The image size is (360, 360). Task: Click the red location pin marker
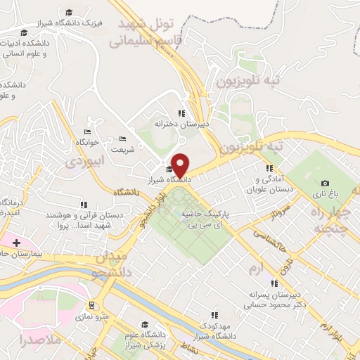click(x=181, y=165)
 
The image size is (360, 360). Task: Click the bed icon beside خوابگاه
click(x=87, y=131)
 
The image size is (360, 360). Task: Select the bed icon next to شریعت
click(x=122, y=139)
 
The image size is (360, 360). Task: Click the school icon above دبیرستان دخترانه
click(x=181, y=112)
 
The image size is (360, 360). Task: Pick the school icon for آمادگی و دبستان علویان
click(x=269, y=168)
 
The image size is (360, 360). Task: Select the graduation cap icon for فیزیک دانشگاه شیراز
click(x=69, y=13)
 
